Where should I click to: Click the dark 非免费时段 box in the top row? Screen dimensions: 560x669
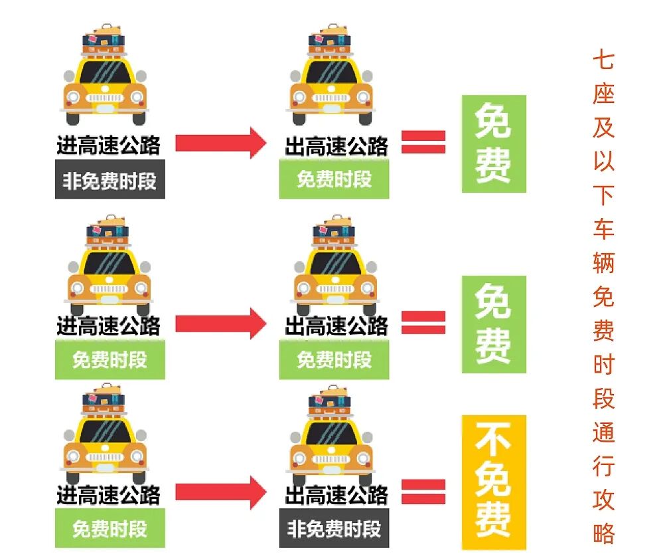pyautogui.click(x=110, y=180)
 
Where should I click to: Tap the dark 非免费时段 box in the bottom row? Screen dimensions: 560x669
pyautogui.click(x=334, y=529)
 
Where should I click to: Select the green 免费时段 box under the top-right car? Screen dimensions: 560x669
pyautogui.click(x=334, y=180)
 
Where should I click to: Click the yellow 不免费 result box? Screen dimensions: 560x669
pyautogui.click(x=493, y=482)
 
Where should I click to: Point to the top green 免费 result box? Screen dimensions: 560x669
pyautogui.click(x=494, y=143)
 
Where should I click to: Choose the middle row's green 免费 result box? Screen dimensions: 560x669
pyautogui.click(x=494, y=324)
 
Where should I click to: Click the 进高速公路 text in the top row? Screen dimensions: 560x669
pyautogui.click(x=108, y=145)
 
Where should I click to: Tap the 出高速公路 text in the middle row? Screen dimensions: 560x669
pyautogui.click(x=336, y=326)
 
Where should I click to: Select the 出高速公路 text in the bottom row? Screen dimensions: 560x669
pyautogui.click(x=336, y=495)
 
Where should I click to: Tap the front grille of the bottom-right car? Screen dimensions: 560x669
pyautogui.click(x=331, y=459)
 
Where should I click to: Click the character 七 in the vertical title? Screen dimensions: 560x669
pyautogui.click(x=603, y=60)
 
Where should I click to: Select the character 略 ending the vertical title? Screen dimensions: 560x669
pyautogui.click(x=603, y=534)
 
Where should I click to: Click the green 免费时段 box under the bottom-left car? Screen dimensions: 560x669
pyautogui.click(x=110, y=529)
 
